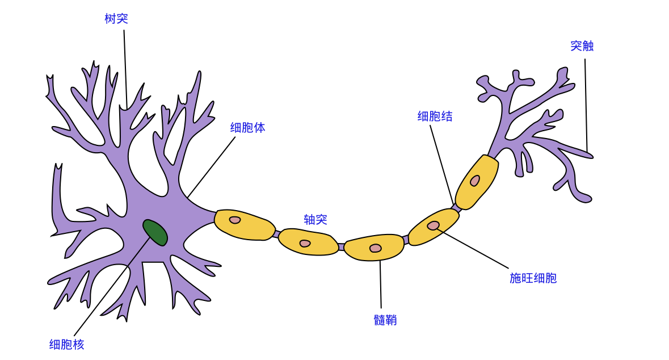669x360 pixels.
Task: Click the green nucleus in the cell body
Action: pyautogui.click(x=155, y=232)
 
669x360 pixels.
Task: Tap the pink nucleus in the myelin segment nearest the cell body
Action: pyautogui.click(x=235, y=220)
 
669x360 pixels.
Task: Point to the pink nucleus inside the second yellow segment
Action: pyautogui.click(x=305, y=244)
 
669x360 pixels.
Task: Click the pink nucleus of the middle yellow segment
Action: pyautogui.click(x=376, y=248)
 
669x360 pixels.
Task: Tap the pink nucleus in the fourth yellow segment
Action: pyautogui.click(x=434, y=225)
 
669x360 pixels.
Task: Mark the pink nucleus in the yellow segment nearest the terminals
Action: pyautogui.click(x=475, y=181)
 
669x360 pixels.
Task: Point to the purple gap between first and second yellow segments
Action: pyautogui.click(x=277, y=233)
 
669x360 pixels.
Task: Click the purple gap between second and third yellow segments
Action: pyautogui.click(x=341, y=247)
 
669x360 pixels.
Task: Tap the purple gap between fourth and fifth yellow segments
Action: pyautogui.click(x=456, y=207)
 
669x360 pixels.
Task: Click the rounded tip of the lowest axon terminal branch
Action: pyautogui.click(x=584, y=198)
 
